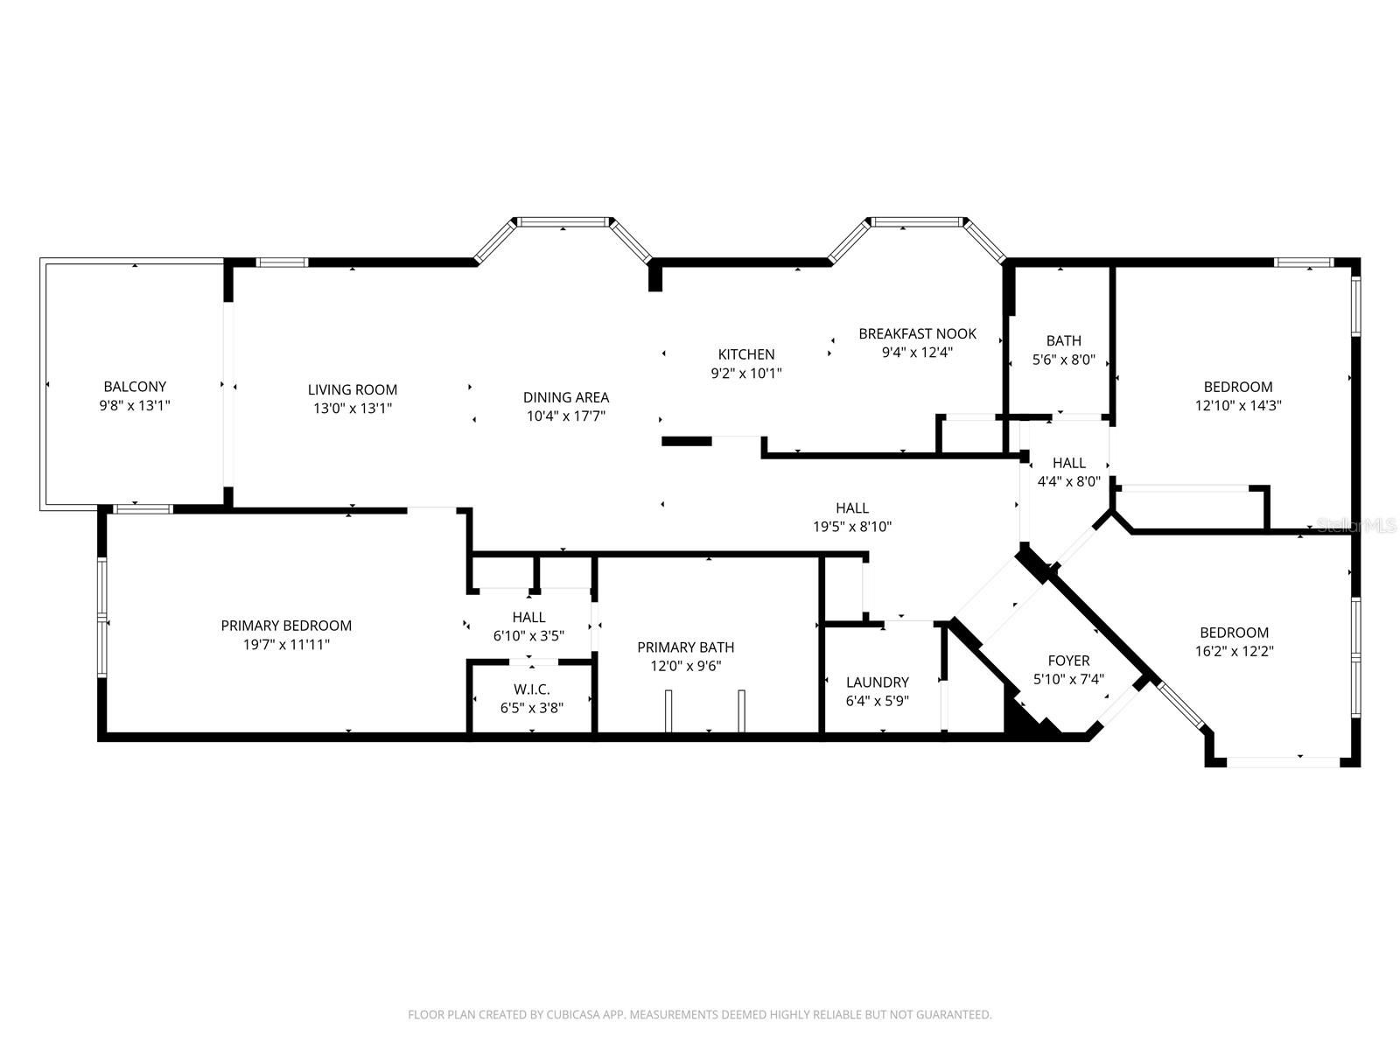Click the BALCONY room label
click(135, 386)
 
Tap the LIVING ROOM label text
click(353, 389)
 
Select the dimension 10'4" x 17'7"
click(566, 416)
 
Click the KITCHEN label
click(746, 354)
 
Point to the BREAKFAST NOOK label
click(917, 333)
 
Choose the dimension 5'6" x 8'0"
click(1064, 359)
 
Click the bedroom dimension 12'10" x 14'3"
click(1238, 405)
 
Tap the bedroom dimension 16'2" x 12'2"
click(1234, 651)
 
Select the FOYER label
click(1068, 661)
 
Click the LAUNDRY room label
click(878, 682)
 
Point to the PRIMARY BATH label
click(685, 647)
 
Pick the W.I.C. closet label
click(532, 689)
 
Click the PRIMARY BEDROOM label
click(286, 626)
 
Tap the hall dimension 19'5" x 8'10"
click(852, 527)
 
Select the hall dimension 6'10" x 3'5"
click(528, 636)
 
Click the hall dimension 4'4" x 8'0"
click(1068, 481)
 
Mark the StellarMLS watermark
click(1357, 525)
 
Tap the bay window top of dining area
click(563, 222)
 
